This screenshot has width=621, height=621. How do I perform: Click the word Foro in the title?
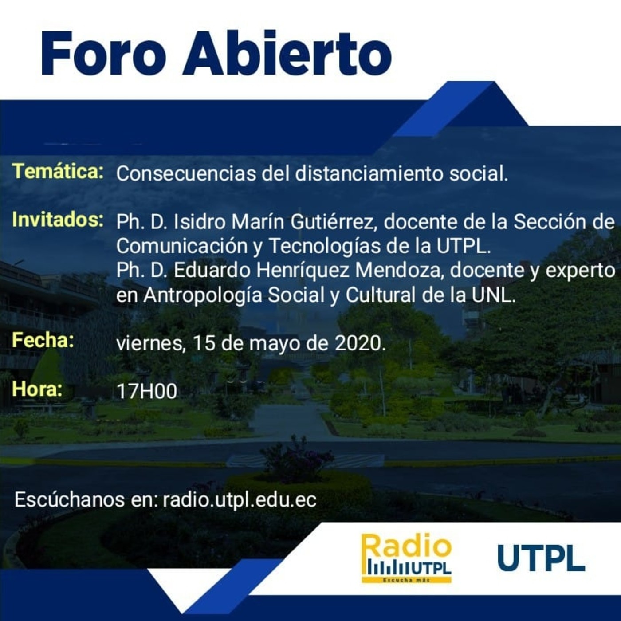[x=103, y=53]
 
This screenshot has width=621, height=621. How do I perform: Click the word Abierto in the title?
[x=287, y=53]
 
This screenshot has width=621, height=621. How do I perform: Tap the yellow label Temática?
[x=58, y=171]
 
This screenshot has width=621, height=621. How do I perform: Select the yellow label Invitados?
[x=58, y=220]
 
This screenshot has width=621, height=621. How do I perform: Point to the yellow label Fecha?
[x=43, y=340]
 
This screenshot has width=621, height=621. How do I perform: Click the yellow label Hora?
[x=37, y=389]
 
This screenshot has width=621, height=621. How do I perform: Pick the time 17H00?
[x=147, y=392]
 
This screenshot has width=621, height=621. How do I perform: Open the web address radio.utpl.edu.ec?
[x=240, y=500]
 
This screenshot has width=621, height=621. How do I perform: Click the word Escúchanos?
[x=69, y=499]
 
